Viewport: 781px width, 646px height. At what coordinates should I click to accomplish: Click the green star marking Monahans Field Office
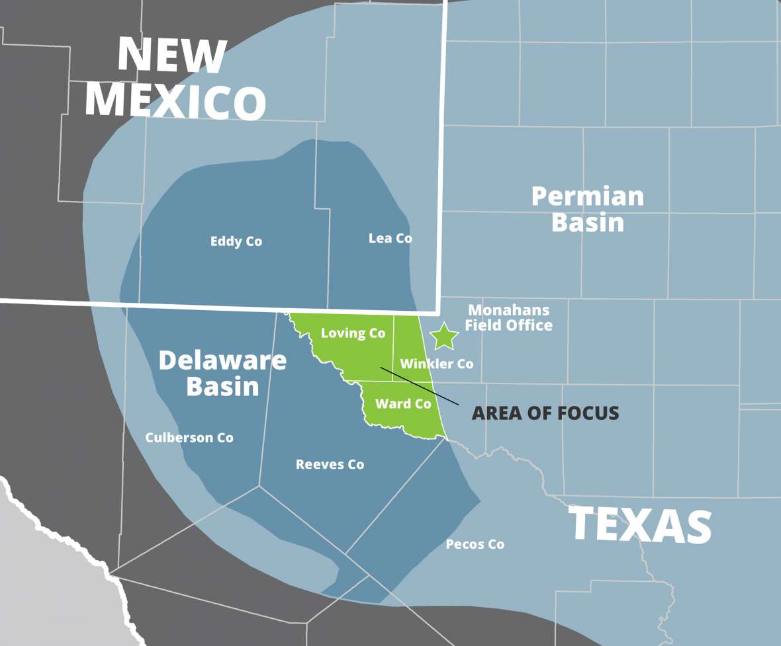444,337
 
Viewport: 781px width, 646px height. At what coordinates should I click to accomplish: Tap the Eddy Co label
236,241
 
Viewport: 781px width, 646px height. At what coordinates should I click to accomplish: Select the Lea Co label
390,238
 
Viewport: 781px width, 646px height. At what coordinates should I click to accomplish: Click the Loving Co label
353,333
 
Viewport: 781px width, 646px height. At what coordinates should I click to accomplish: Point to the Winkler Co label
436,363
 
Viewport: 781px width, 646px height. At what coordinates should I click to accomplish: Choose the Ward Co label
403,403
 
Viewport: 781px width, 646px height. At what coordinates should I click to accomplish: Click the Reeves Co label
330,464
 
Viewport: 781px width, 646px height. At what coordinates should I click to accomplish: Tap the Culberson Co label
189,437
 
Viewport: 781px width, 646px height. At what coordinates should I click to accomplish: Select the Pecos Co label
475,544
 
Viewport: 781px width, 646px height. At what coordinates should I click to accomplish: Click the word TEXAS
640,525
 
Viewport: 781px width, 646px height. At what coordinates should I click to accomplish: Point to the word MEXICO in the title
175,102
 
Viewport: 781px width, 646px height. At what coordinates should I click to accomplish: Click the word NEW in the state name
171,56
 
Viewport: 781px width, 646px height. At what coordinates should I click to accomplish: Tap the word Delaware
222,360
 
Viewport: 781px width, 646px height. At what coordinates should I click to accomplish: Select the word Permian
587,196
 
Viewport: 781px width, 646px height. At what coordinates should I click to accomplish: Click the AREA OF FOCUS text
545,413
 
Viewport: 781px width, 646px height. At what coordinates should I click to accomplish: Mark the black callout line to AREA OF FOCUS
419,385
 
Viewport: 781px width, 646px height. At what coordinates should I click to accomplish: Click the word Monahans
508,309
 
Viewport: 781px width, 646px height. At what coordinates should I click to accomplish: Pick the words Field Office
508,325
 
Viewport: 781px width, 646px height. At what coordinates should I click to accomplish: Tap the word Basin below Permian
587,222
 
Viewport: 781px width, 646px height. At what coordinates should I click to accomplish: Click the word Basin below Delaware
222,386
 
